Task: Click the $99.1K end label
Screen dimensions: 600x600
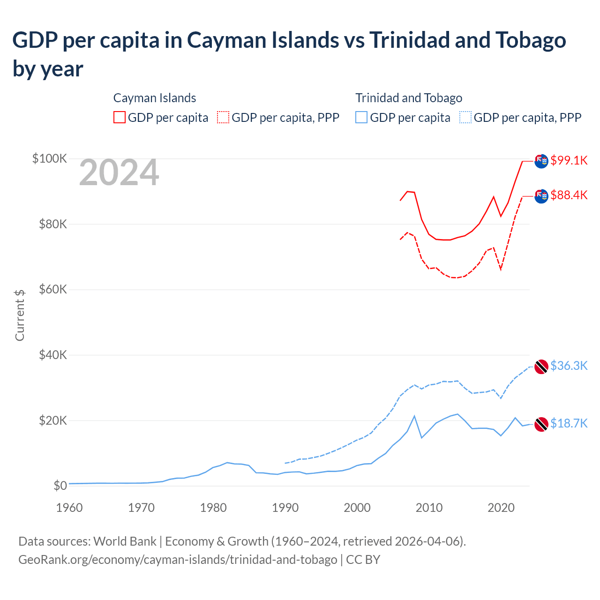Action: pos(569,160)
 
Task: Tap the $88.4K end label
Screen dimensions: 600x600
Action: pos(569,195)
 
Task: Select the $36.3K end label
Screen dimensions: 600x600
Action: pos(569,366)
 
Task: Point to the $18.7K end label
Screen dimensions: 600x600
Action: pos(569,424)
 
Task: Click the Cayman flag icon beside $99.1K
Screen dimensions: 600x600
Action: pos(541,161)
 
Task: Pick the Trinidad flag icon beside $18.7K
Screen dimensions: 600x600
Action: pos(541,424)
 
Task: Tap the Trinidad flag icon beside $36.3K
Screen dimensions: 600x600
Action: pos(541,367)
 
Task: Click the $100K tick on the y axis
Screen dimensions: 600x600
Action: pos(50,158)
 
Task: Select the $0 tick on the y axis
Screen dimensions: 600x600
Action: pos(60,486)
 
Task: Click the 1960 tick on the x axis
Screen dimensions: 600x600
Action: pos(69,508)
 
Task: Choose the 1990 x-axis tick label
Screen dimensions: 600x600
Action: pos(285,508)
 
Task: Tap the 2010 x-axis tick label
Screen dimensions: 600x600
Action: pos(429,508)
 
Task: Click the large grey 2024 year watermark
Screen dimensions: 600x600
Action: pos(119,173)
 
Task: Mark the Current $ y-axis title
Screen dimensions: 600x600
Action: pos(20,315)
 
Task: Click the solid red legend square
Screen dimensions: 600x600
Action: pos(120,117)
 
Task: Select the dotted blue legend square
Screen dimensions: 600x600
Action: pos(465,117)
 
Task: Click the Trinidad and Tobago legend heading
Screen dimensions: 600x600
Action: pos(409,98)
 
